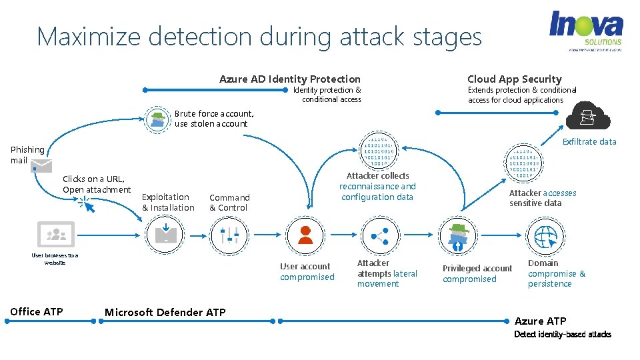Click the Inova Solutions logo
585,30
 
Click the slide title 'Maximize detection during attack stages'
259,36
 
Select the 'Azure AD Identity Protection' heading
290,79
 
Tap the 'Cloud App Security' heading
514,79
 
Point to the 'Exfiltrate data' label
589,141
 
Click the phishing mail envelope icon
40,165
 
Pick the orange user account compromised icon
305,235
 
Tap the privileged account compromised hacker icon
457,235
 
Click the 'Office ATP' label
37,311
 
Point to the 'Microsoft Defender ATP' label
165,312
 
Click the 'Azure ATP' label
540,321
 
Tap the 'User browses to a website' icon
55,234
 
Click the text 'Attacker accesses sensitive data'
542,198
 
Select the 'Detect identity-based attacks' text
562,334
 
